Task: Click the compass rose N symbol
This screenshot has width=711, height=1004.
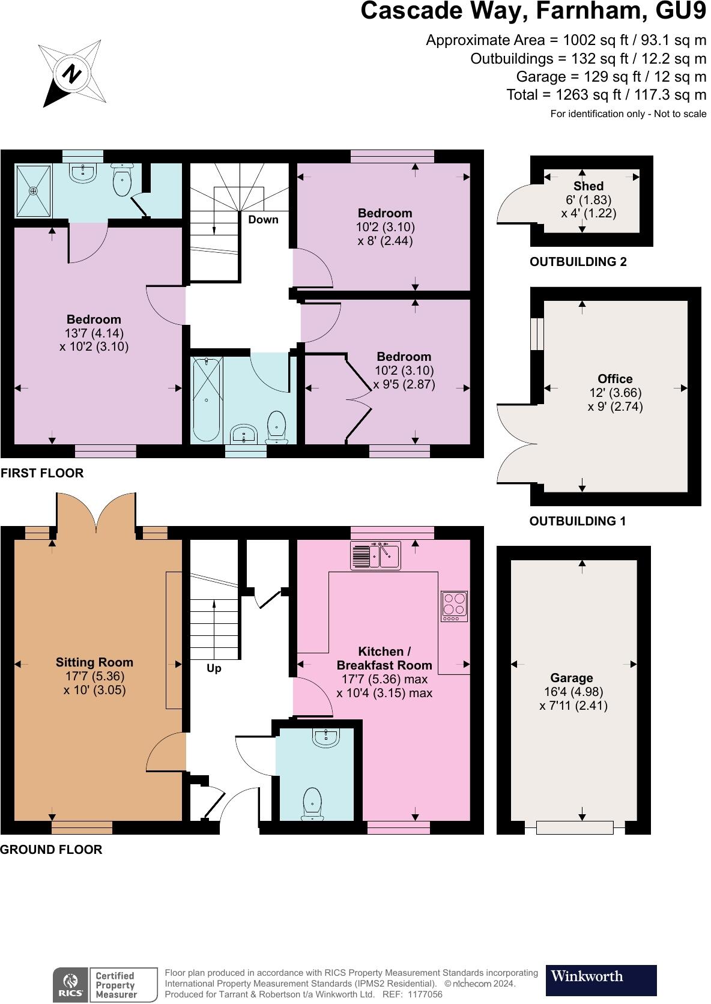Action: click(x=71, y=73)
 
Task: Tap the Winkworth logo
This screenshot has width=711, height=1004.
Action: click(x=601, y=980)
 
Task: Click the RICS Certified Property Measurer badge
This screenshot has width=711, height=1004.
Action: click(x=105, y=985)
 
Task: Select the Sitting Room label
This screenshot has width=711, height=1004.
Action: click(x=94, y=662)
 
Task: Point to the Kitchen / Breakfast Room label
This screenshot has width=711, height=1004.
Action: click(x=384, y=658)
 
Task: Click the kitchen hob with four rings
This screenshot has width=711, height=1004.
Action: click(x=454, y=606)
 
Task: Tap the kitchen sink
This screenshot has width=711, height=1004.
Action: click(x=375, y=556)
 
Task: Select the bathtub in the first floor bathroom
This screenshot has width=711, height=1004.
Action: click(x=206, y=399)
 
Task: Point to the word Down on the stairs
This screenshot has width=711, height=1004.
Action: click(x=263, y=220)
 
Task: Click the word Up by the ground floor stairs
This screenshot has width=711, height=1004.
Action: click(x=214, y=668)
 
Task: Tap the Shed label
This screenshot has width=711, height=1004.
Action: click(x=588, y=186)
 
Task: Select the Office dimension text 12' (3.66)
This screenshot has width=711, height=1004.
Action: click(x=615, y=393)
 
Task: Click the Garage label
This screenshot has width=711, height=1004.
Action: click(x=572, y=678)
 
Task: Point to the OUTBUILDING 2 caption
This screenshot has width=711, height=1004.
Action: click(x=578, y=262)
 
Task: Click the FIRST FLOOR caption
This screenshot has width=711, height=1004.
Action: click(x=42, y=473)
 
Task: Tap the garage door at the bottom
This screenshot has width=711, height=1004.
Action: click(x=575, y=827)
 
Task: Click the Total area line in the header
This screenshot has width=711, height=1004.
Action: click(x=606, y=94)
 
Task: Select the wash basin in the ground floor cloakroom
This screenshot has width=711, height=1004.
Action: click(x=325, y=738)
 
